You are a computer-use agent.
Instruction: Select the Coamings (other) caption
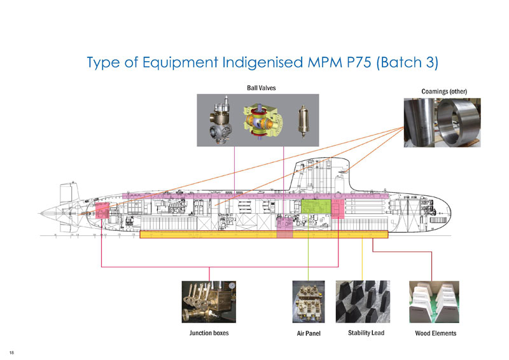click(x=445, y=92)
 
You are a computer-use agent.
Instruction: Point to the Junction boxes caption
click(x=209, y=333)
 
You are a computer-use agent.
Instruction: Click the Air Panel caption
click(x=309, y=333)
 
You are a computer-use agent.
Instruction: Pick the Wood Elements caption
click(x=435, y=333)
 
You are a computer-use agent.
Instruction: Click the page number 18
click(x=11, y=352)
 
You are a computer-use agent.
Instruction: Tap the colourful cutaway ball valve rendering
click(x=256, y=120)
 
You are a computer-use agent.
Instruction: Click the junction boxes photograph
click(x=209, y=303)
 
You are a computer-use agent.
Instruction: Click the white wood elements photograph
click(x=435, y=303)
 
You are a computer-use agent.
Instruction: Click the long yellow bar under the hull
click(x=263, y=235)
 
